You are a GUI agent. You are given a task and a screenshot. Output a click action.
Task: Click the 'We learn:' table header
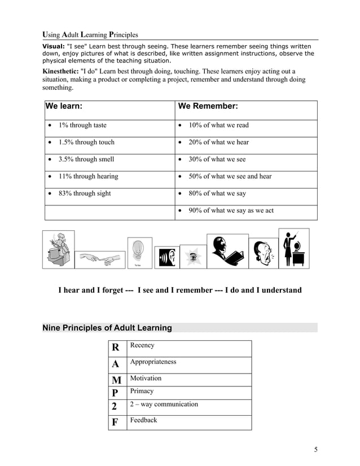point(64,106)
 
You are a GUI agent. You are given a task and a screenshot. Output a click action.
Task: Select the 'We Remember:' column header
point(208,106)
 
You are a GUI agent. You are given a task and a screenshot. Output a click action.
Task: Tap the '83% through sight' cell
point(85,194)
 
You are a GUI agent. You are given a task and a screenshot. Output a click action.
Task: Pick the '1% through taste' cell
point(82,125)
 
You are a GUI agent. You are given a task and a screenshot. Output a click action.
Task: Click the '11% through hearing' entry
point(88,177)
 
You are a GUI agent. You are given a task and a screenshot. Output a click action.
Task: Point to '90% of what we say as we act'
point(231,210)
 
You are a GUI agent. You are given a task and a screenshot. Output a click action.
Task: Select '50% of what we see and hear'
point(230,177)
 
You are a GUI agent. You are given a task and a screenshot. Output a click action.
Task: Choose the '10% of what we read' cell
point(218,125)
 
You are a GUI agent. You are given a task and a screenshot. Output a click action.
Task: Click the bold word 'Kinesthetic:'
point(60,72)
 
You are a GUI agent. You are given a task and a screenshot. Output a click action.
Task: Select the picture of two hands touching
point(100,259)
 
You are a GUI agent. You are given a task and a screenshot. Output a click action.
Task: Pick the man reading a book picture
point(227,252)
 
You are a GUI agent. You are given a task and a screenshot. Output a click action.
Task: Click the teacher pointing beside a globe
point(294,249)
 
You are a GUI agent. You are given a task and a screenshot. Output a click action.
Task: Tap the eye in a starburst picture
point(194,257)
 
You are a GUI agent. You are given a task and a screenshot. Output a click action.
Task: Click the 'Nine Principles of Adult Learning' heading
point(107,328)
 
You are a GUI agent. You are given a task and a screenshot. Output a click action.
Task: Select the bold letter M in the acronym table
point(116,380)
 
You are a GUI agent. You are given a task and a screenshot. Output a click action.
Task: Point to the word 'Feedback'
point(143,420)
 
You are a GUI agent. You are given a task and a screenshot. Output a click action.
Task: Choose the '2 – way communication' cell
point(164,405)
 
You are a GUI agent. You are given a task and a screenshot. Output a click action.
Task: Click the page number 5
point(316,450)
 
